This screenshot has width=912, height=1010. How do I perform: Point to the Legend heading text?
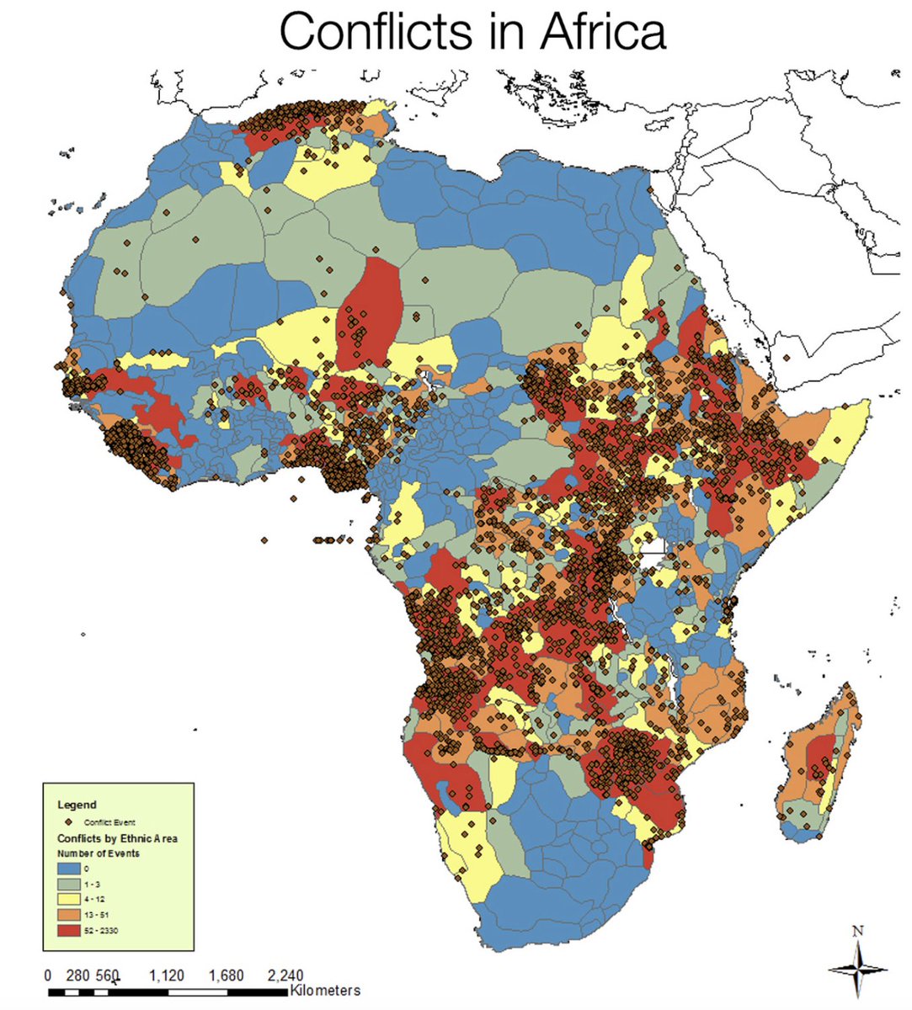coord(77,805)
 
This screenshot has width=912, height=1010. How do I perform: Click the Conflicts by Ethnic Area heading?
coord(117,838)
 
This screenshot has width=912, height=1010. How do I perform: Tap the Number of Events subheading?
coord(99,853)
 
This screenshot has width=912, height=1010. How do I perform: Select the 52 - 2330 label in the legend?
coord(105,930)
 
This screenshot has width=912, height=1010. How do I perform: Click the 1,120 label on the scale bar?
coord(167,976)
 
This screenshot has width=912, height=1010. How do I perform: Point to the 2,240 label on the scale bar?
coord(285,976)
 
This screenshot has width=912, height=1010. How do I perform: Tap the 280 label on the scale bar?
coord(77,976)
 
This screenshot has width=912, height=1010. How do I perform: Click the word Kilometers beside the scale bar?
coord(324,991)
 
